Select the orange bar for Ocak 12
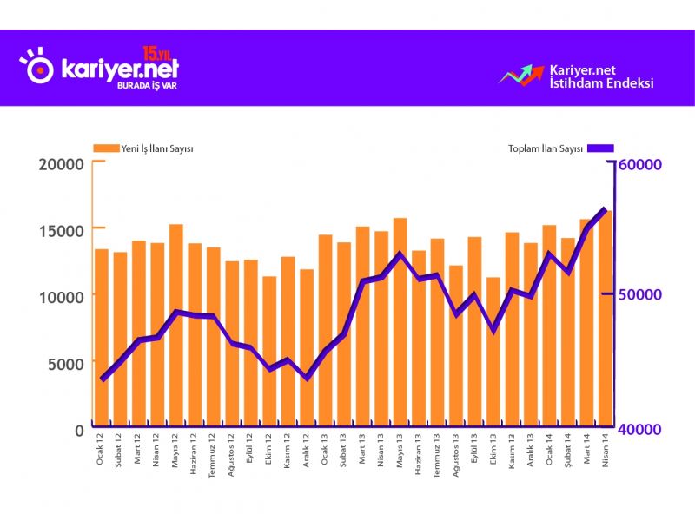point(102,339)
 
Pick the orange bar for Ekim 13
point(493,353)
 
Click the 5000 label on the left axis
point(66,363)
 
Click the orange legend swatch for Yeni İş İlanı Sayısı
point(106,148)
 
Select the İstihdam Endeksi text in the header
point(601,84)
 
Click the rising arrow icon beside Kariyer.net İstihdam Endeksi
point(520,76)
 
